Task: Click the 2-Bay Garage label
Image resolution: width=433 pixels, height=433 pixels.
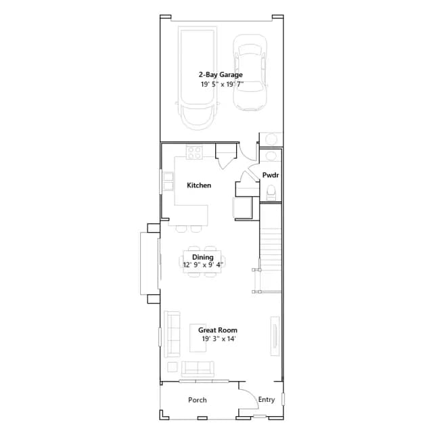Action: [x=221, y=75]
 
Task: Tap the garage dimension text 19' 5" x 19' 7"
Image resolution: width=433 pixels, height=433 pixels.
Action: [x=222, y=84]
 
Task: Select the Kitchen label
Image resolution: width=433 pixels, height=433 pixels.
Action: [x=199, y=185]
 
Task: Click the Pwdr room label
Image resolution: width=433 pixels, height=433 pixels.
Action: [x=271, y=175]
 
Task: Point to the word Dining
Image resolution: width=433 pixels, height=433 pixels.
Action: [x=203, y=257]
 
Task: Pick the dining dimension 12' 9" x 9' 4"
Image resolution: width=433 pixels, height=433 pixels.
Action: [x=203, y=265]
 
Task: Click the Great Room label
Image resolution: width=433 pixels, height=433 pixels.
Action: [x=218, y=330]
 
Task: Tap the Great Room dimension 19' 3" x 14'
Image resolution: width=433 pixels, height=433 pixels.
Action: [x=219, y=339]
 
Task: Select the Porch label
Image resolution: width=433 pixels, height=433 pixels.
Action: [x=198, y=400]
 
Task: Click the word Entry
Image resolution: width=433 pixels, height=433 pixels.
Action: [x=267, y=400]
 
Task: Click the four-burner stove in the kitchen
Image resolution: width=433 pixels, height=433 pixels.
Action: [x=194, y=152]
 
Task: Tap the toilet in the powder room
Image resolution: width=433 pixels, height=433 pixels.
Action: [x=271, y=192]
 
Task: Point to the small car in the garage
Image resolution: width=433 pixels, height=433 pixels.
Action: [x=250, y=72]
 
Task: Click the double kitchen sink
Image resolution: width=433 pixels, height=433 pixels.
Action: [x=168, y=181]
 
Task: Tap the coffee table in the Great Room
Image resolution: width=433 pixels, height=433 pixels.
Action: [x=198, y=338]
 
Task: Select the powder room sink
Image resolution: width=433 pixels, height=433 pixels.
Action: [x=271, y=156]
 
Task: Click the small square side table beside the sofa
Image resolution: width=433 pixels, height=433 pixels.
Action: [x=173, y=367]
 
